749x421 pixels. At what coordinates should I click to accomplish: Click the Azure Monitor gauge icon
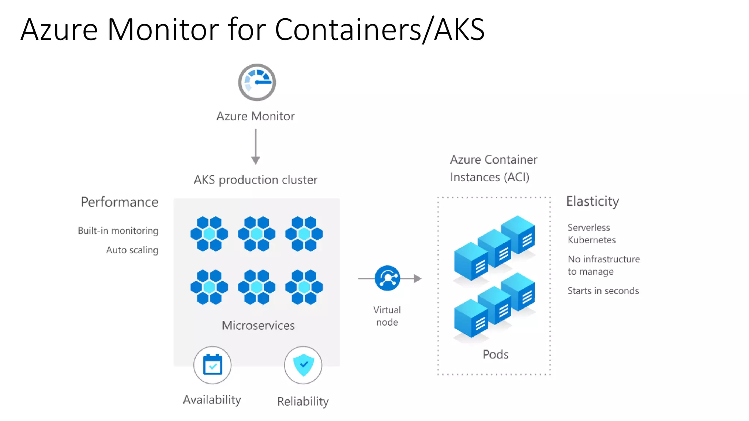tap(257, 82)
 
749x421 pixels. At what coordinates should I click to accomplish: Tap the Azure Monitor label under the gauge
tap(255, 116)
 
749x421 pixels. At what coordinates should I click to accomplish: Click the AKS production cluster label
tap(255, 180)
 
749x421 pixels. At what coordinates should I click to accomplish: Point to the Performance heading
tap(120, 202)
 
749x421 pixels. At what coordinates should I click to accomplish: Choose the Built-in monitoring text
tap(118, 231)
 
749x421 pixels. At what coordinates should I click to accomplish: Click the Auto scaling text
tap(132, 250)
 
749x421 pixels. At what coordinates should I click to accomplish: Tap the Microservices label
tap(258, 325)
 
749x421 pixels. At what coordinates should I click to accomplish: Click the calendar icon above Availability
tap(212, 365)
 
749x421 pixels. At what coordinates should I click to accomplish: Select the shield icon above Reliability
tap(303, 365)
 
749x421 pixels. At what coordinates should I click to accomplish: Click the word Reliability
tap(303, 401)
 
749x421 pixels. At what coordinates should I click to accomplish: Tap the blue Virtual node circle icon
tap(387, 278)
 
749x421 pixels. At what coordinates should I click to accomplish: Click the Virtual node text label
tap(387, 316)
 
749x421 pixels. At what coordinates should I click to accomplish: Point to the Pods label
tap(495, 354)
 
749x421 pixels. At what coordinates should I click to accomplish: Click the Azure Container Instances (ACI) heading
tap(493, 168)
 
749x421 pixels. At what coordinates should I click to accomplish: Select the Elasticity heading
tap(592, 201)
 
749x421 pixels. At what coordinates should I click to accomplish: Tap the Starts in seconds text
tap(603, 291)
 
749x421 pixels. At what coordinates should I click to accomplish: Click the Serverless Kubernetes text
tap(591, 234)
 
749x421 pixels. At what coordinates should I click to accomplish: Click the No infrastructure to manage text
tap(603, 265)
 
